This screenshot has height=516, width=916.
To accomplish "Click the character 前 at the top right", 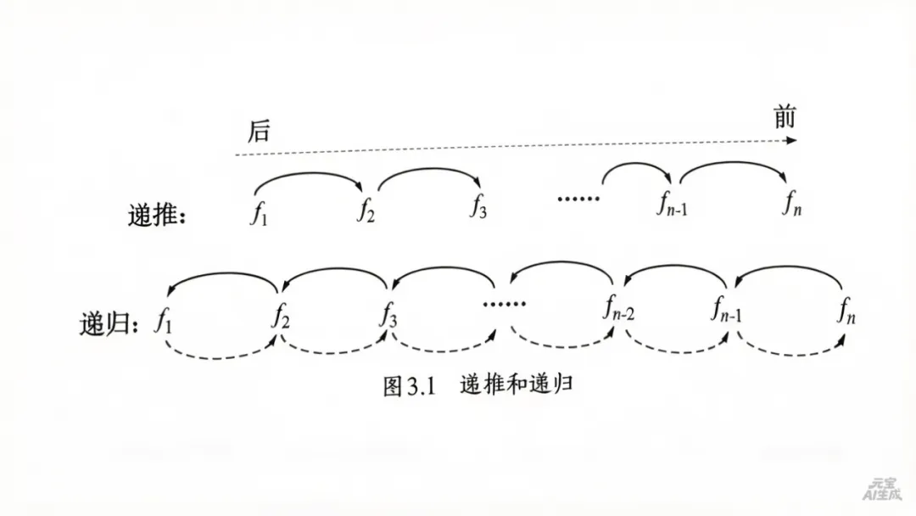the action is tap(785, 117).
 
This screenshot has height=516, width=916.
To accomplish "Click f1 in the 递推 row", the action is tap(259, 212).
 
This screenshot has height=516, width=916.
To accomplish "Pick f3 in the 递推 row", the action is tap(478, 207).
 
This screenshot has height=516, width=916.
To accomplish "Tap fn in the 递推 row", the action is tap(791, 205).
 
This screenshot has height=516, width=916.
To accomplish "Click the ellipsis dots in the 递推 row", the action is tap(578, 199).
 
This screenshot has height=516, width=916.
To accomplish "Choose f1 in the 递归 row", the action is tap(163, 321).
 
